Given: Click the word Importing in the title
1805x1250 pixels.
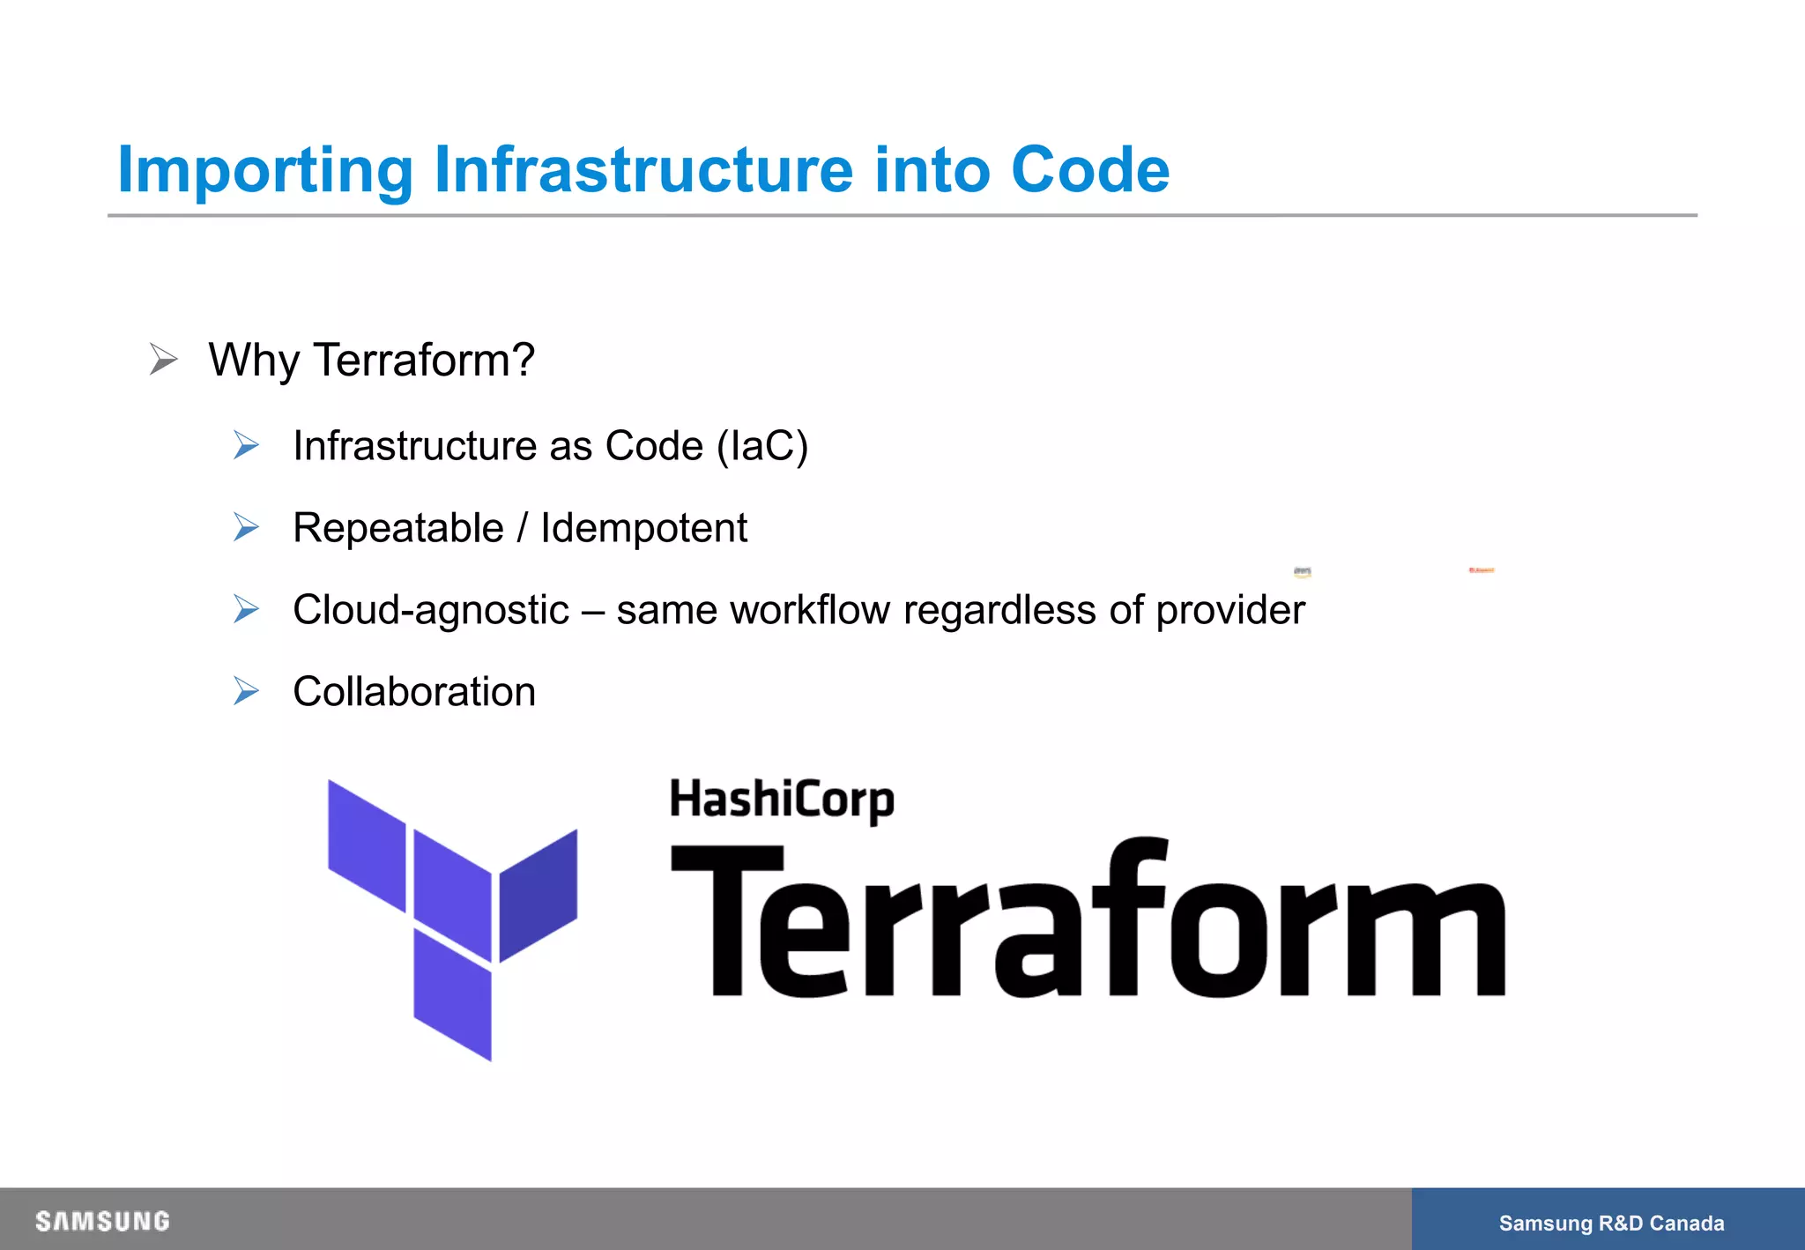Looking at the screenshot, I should click(264, 169).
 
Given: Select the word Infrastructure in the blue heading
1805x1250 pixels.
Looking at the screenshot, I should click(643, 169).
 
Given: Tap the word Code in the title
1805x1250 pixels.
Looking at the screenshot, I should click(1090, 169).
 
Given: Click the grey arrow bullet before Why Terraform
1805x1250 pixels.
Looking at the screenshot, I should click(164, 360).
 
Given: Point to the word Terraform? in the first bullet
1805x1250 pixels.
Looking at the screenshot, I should click(424, 360).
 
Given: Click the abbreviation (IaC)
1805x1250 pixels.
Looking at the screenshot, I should click(762, 445).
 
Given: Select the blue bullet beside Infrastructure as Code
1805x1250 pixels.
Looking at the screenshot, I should click(247, 445).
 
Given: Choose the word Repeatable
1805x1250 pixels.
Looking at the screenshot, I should click(397, 528).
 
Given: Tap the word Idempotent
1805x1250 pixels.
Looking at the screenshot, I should click(643, 528).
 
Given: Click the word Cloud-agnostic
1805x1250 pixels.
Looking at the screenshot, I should click(431, 610).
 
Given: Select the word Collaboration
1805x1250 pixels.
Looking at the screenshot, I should click(414, 692).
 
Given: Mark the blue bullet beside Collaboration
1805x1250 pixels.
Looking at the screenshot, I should click(247, 692).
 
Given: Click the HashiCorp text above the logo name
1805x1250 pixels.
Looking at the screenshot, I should click(782, 800).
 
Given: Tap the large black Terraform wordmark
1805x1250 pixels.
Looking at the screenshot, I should click(1088, 921).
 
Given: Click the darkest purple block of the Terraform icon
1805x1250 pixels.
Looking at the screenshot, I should click(539, 895).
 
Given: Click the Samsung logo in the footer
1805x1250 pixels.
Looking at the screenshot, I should click(102, 1222).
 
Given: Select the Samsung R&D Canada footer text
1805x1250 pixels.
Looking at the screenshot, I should click(1611, 1223).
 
